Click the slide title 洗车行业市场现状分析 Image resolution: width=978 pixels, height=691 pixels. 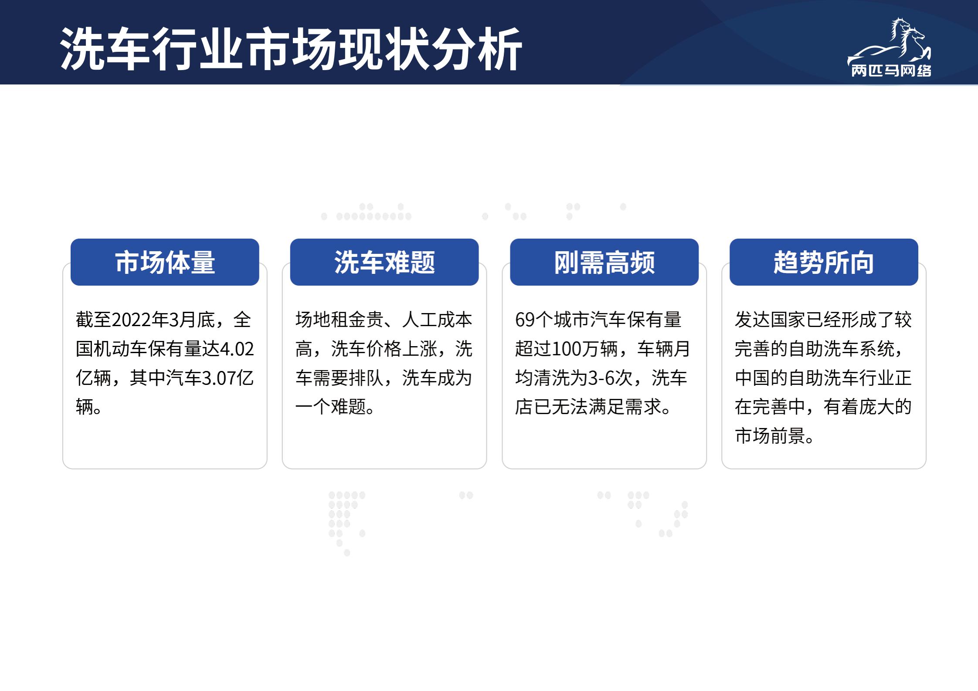291,48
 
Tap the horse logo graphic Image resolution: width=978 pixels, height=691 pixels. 889,42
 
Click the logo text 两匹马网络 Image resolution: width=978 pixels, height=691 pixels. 891,71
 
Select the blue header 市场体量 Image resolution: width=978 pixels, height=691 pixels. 165,262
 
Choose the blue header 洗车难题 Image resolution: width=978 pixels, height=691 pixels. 384,262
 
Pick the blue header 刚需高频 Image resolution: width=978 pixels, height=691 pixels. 604,262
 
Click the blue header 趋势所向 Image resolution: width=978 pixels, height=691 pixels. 824,262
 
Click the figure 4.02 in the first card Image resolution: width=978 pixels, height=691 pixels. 237,349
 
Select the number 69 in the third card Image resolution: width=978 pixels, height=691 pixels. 525,320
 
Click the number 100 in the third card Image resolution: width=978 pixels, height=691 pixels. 566,349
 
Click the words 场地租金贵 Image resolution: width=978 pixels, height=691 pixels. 340,320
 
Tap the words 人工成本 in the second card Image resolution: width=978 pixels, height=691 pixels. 437,320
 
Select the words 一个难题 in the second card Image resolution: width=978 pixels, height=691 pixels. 330,407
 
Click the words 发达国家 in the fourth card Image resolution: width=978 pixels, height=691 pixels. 770,320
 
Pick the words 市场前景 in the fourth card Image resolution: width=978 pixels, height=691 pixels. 770,436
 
